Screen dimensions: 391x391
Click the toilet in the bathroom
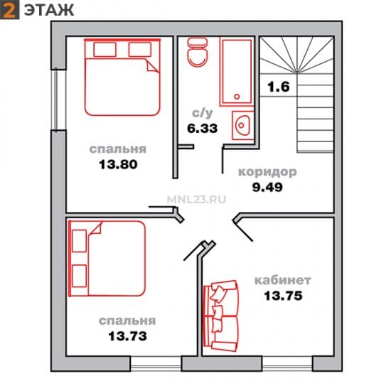197,53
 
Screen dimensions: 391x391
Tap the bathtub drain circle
237,97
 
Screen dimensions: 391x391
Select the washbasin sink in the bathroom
242,125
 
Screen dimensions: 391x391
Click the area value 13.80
118,165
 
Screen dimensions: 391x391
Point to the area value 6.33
202,129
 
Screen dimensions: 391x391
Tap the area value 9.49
267,187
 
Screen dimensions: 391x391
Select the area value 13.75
283,296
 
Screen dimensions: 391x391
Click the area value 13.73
127,336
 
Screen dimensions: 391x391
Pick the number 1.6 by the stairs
279,87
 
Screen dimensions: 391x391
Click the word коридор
267,172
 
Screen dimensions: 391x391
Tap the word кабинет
282,280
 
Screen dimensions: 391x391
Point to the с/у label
202,113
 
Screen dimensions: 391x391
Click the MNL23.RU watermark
196,199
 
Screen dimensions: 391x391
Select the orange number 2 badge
9,10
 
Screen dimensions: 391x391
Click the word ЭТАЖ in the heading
49,10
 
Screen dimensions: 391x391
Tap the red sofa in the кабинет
220,316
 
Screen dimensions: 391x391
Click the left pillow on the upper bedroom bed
105,49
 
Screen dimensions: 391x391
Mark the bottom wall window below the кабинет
287,363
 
